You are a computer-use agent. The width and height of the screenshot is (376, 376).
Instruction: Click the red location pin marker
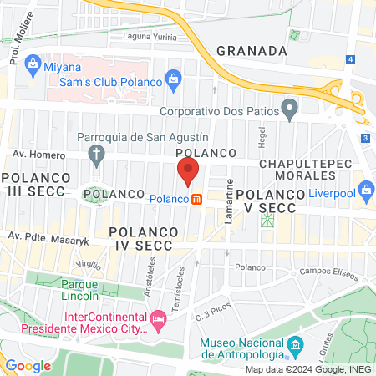pos(187,170)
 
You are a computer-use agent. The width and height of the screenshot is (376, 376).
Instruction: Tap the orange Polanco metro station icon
pos(197,199)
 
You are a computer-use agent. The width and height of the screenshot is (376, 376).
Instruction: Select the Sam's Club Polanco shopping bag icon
pos(173,81)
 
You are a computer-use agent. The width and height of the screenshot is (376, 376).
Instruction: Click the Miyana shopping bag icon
pos(32,64)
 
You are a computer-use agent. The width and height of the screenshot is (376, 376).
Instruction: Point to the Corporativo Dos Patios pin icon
pos(289,108)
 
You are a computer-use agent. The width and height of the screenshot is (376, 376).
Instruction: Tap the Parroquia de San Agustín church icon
pos(98,154)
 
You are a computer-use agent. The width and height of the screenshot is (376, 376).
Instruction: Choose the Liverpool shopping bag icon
pos(364,189)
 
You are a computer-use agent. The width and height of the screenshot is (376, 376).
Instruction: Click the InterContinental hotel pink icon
pos(157,318)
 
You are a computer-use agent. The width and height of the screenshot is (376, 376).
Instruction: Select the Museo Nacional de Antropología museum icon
pos(294,344)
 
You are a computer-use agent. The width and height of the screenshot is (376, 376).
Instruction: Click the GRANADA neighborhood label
pos(252,50)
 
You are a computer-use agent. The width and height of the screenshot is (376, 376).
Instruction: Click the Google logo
pos(28,365)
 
